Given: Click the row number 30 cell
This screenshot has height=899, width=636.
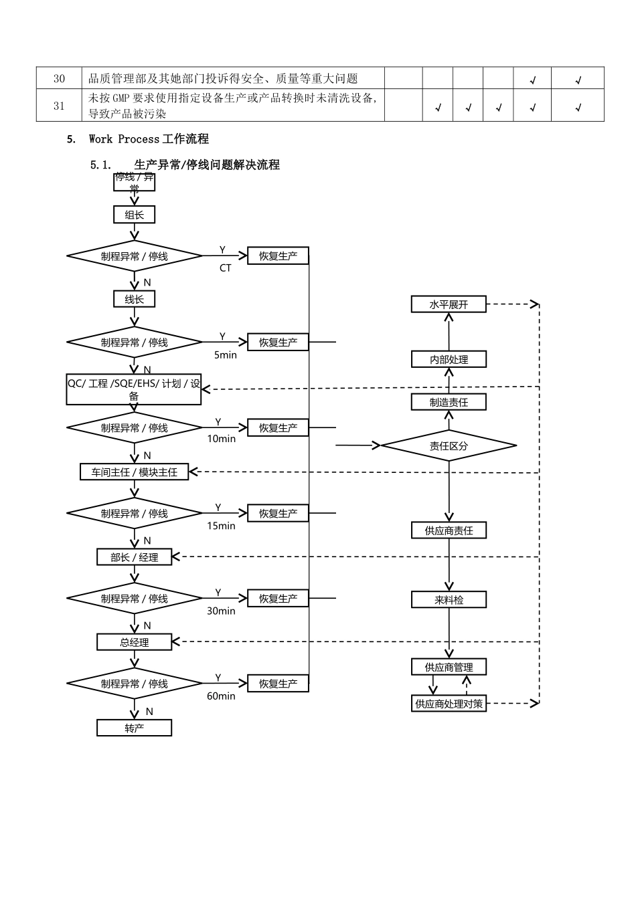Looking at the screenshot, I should pyautogui.click(x=59, y=78).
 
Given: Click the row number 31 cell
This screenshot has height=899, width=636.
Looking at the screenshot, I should pyautogui.click(x=59, y=106).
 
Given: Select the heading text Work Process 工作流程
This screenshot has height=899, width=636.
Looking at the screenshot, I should pyautogui.click(x=149, y=139).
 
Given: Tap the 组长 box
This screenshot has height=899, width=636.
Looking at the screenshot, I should pyautogui.click(x=134, y=215).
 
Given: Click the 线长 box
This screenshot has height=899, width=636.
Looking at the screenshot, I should pyautogui.click(x=134, y=299).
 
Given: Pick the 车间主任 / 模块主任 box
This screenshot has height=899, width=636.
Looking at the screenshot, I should pyautogui.click(x=135, y=472).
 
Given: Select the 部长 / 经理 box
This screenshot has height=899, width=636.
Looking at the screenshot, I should pyautogui.click(x=135, y=557).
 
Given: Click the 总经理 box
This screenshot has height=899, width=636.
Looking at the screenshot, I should pyautogui.click(x=135, y=642).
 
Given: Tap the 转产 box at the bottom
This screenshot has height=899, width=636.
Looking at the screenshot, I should pyautogui.click(x=135, y=728).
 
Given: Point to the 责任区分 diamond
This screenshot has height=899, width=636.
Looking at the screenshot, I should pyautogui.click(x=449, y=446).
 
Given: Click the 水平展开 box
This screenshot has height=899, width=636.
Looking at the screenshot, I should pyautogui.click(x=449, y=304).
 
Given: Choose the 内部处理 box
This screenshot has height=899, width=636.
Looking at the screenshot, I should pyautogui.click(x=449, y=359).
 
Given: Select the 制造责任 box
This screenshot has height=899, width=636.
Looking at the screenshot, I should pyautogui.click(x=449, y=402).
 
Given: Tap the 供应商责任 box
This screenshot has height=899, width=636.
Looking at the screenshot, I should pyautogui.click(x=449, y=530).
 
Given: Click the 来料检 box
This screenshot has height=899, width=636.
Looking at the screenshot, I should pyautogui.click(x=449, y=600).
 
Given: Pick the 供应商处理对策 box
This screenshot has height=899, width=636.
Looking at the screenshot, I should pyautogui.click(x=449, y=704).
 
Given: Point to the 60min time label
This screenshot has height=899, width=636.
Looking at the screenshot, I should pyautogui.click(x=221, y=696).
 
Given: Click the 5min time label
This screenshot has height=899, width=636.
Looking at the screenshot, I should pyautogui.click(x=226, y=355).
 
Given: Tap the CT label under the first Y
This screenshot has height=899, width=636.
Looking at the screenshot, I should pyautogui.click(x=226, y=268).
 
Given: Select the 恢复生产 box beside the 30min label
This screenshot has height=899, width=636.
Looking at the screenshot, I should pyautogui.click(x=278, y=599).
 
